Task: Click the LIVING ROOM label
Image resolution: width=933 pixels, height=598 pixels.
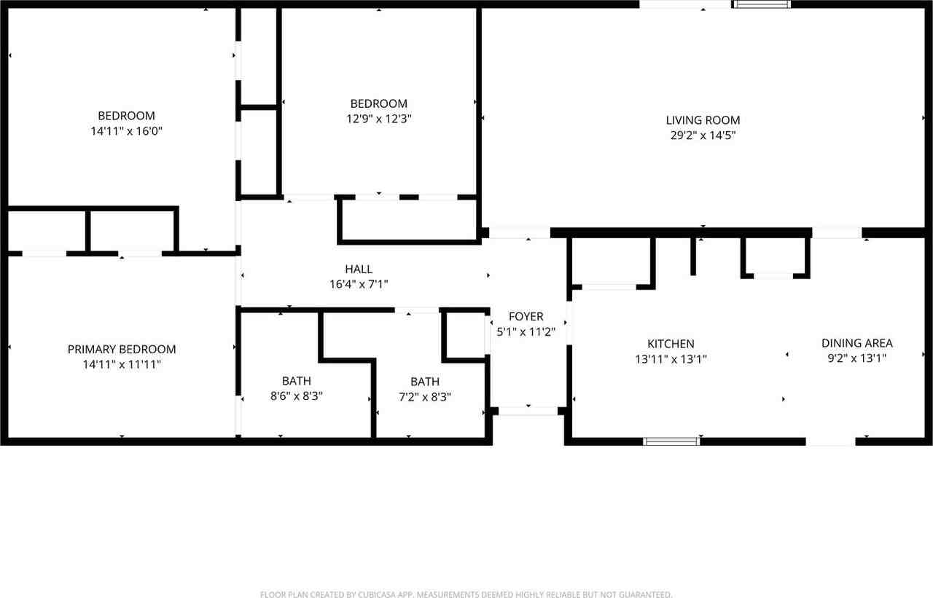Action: [x=703, y=120]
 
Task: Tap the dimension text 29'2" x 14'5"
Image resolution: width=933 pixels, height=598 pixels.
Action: [x=703, y=135]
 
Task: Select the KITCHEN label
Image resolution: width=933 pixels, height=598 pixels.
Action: [x=671, y=344]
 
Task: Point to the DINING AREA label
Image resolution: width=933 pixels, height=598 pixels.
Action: [x=856, y=343]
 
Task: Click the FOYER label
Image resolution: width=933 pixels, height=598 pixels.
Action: [x=526, y=316]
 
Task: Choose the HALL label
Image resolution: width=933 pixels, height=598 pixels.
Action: [x=359, y=270]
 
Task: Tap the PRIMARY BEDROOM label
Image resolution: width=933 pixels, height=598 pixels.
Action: [x=122, y=350]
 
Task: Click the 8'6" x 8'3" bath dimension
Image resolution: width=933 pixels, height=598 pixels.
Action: [x=296, y=396]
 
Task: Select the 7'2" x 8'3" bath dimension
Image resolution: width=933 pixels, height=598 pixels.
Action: [x=425, y=397]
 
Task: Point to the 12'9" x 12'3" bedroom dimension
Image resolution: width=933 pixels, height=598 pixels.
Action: [x=378, y=119]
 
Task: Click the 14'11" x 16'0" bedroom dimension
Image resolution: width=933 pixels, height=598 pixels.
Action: [x=126, y=131]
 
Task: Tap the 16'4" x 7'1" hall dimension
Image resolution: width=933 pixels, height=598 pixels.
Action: [x=359, y=285]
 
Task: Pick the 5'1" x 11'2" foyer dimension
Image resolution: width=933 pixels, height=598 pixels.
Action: [x=526, y=331]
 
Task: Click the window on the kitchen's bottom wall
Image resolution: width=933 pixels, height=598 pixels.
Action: [x=671, y=441]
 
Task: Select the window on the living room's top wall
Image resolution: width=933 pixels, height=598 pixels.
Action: [x=762, y=4]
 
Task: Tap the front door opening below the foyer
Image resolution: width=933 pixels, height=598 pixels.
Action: [x=528, y=412]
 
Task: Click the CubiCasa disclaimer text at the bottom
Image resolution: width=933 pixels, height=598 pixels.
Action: [x=466, y=594]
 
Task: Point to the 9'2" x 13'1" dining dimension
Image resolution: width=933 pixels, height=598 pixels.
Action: [x=856, y=358]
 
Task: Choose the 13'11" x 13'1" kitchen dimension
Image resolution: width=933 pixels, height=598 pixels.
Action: [x=671, y=359]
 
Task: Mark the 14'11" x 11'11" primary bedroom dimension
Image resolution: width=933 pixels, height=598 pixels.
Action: [x=122, y=365]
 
